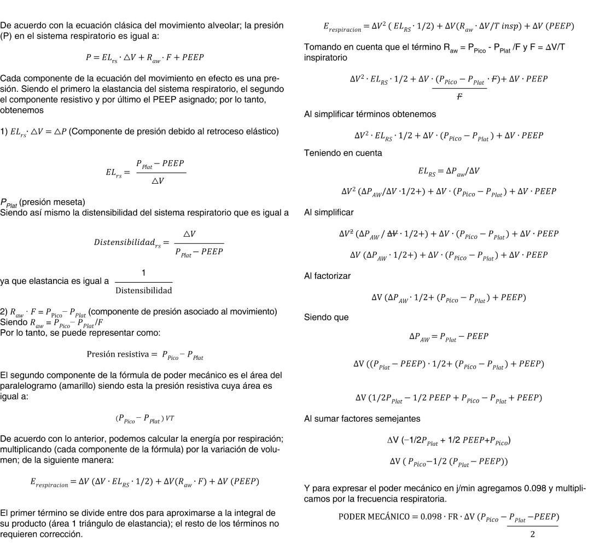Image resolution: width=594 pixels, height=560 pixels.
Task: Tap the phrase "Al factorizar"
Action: pyautogui.click(x=328, y=277)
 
